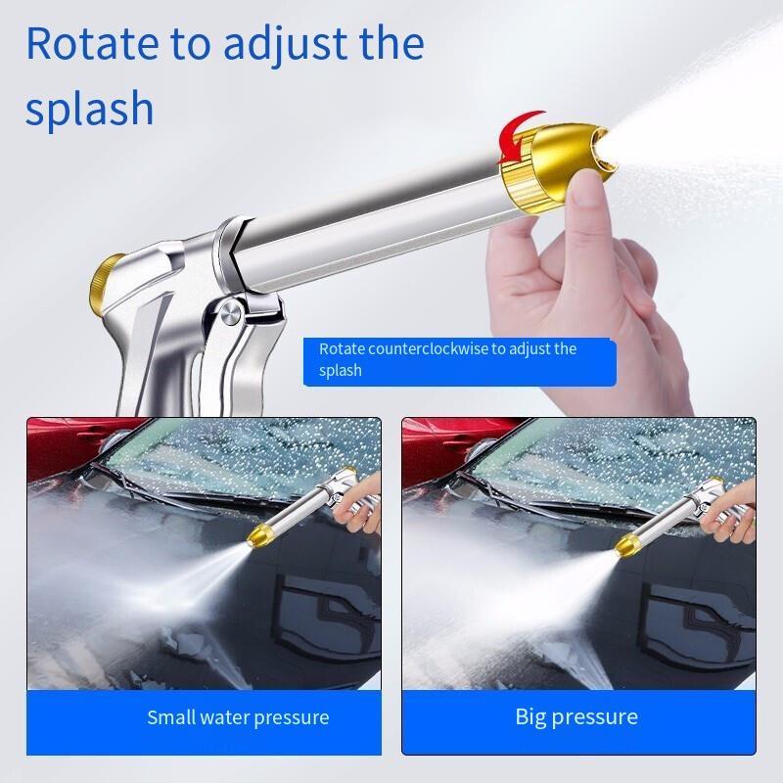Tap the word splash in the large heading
89,108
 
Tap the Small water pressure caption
238,717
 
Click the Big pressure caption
576,716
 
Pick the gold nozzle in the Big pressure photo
626,544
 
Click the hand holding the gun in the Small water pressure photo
360,505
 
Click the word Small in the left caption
168,717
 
